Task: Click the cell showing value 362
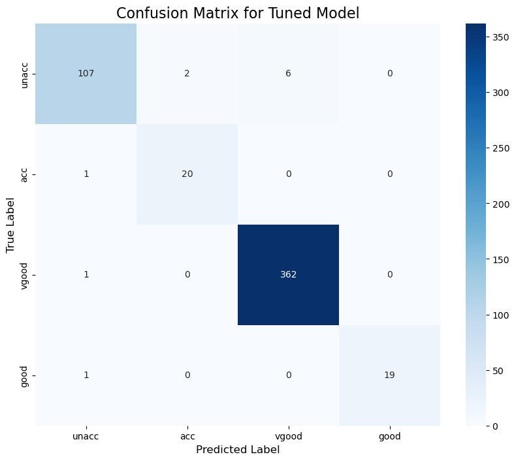pyautogui.click(x=288, y=275)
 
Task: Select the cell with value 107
pyautogui.click(x=86, y=74)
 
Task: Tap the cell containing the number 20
pyautogui.click(x=187, y=174)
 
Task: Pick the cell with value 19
pyautogui.click(x=389, y=375)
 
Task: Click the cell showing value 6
pyautogui.click(x=288, y=74)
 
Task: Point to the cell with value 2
pyautogui.click(x=187, y=74)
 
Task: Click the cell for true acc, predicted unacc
pyautogui.click(x=86, y=174)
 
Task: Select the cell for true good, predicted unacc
pyautogui.click(x=86, y=375)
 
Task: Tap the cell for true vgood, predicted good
pyautogui.click(x=389, y=275)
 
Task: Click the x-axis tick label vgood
pyautogui.click(x=288, y=436)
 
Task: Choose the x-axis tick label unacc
pyautogui.click(x=86, y=436)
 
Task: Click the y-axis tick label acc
pyautogui.click(x=25, y=174)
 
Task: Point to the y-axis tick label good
pyautogui.click(x=25, y=375)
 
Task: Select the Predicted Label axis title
pyautogui.click(x=238, y=450)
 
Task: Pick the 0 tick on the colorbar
pyautogui.click(x=496, y=426)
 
